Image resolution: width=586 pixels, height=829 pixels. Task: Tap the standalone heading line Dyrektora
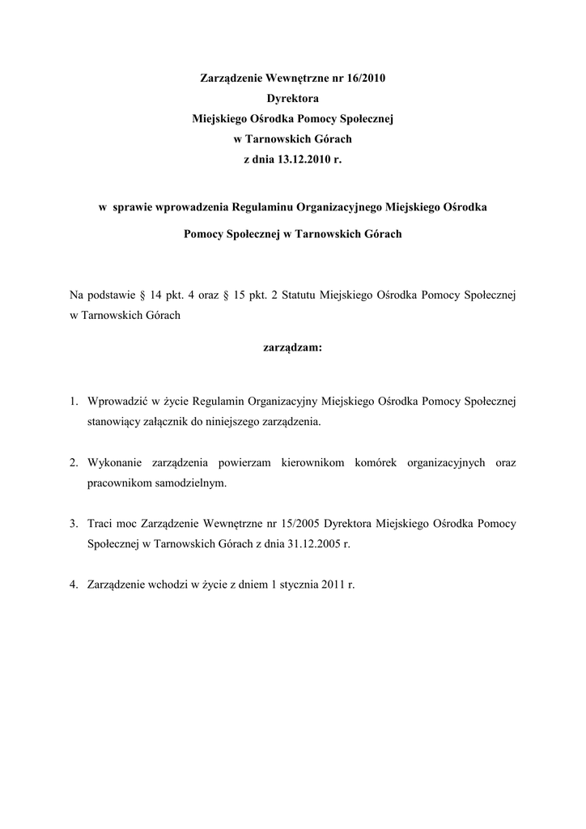click(x=293, y=100)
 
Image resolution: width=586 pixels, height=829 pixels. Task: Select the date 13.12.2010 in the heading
click(x=304, y=160)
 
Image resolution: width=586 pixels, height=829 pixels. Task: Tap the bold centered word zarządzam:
click(x=293, y=347)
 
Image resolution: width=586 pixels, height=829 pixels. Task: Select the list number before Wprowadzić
click(x=73, y=401)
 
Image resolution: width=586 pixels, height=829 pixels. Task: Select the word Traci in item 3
click(x=100, y=524)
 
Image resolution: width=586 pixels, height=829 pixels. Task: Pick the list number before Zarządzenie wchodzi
click(x=73, y=585)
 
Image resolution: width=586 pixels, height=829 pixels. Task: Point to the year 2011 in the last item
click(x=340, y=585)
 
